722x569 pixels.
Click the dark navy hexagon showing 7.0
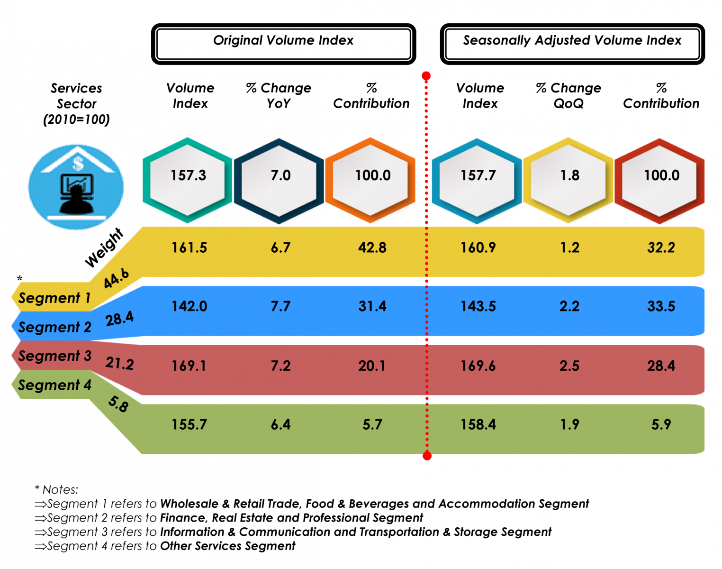pos(280,180)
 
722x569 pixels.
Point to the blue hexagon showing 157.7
pos(477,180)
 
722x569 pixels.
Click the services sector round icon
pos(76,187)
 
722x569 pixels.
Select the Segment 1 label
pos(54,298)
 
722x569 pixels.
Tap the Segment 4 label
pos(54,385)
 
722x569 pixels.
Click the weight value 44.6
pos(116,278)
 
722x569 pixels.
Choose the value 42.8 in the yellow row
pos(372,248)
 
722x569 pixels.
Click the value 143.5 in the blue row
pos(478,306)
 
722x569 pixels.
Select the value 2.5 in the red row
pos(569,366)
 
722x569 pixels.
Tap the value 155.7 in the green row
pos(189,424)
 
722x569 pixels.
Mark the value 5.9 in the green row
pos(661,424)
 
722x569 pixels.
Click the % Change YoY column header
pos(279,96)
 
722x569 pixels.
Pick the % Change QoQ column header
pos(569,96)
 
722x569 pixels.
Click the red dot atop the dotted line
pos(426,76)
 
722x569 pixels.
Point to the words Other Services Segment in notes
pos(227,546)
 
